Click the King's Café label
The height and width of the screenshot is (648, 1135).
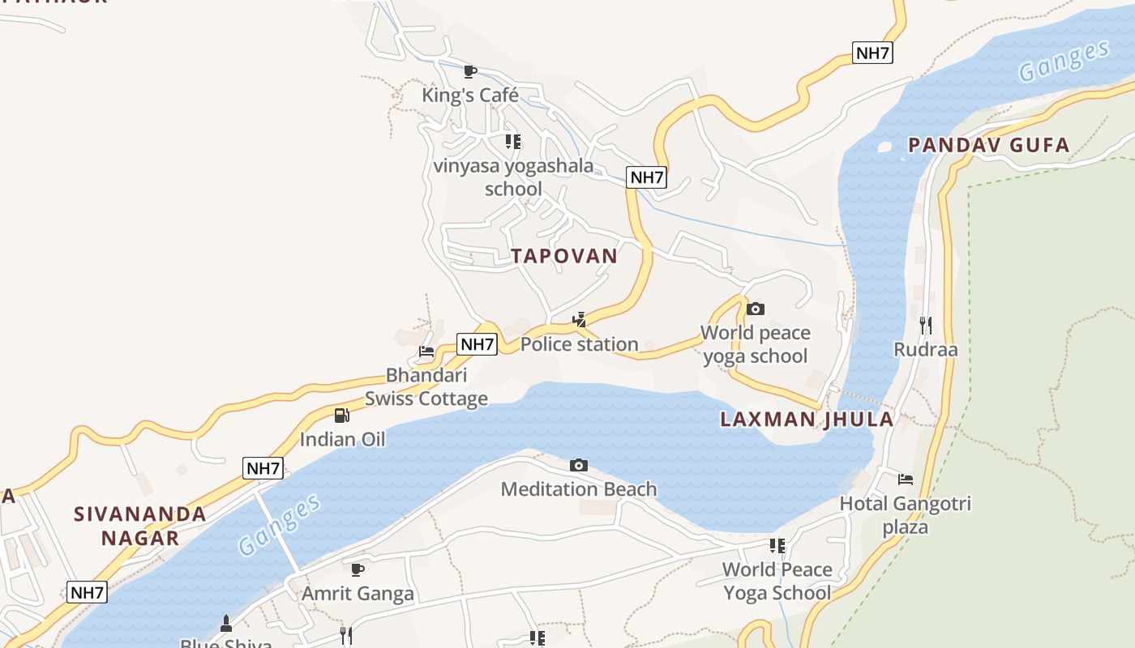point(469,96)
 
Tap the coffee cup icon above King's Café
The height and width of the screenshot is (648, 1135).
point(469,71)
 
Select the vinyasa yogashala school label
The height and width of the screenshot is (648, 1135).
point(513,177)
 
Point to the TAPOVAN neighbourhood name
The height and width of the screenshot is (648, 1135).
point(564,256)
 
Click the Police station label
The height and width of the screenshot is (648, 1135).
point(579,344)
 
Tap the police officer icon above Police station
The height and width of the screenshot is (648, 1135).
point(579,320)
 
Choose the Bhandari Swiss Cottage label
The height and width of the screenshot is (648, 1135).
point(426,386)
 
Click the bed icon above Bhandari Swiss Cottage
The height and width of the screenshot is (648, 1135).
point(426,352)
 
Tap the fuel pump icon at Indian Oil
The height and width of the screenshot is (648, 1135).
point(342,416)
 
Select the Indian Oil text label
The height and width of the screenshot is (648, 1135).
point(342,439)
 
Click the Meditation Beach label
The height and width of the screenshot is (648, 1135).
point(579,489)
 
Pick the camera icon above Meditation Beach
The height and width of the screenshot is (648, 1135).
point(578,465)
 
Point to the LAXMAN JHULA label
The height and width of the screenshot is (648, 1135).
point(807,419)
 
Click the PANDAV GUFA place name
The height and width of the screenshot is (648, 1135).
point(988,145)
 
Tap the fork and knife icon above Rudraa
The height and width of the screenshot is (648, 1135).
point(925,326)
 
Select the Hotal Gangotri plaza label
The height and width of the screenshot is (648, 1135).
point(905,515)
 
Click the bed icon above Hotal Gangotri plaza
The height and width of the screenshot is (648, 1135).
point(906,480)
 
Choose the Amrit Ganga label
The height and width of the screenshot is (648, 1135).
point(358,593)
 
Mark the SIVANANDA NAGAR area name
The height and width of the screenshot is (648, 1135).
point(140,526)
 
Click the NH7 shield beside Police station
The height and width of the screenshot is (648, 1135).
point(477,344)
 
